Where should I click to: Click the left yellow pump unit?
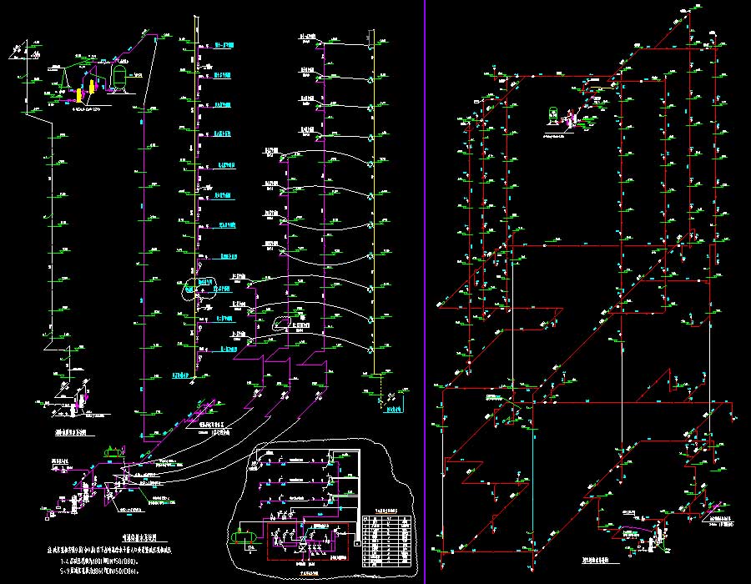[78, 95]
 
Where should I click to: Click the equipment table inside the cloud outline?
[389, 541]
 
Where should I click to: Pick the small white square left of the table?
[357, 543]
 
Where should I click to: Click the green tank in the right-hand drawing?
[552, 113]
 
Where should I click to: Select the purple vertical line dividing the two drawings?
[425, 292]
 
